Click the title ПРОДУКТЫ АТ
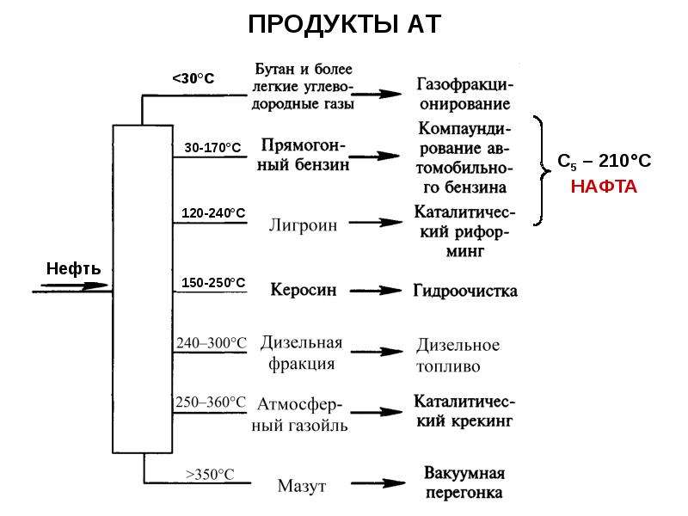pyautogui.click(x=345, y=24)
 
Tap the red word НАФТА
pyautogui.click(x=604, y=187)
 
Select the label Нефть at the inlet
pyautogui.click(x=73, y=268)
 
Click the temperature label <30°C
pyautogui.click(x=193, y=78)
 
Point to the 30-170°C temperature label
pyautogui.click(x=212, y=147)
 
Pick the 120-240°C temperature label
pyautogui.click(x=213, y=213)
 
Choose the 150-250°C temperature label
pyautogui.click(x=213, y=283)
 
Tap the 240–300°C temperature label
pyautogui.click(x=212, y=342)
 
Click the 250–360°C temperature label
pyautogui.click(x=211, y=402)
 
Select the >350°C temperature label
pyautogui.click(x=210, y=475)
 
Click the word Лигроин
pyautogui.click(x=304, y=225)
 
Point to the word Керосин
pyautogui.click(x=304, y=290)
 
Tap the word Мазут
pyautogui.click(x=302, y=486)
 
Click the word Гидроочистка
pyautogui.click(x=465, y=291)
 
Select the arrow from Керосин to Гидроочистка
pyautogui.click(x=376, y=291)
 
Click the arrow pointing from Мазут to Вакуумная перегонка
pyautogui.click(x=378, y=483)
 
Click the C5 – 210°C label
pyautogui.click(x=605, y=162)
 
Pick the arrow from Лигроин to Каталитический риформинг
pyautogui.click(x=376, y=223)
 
